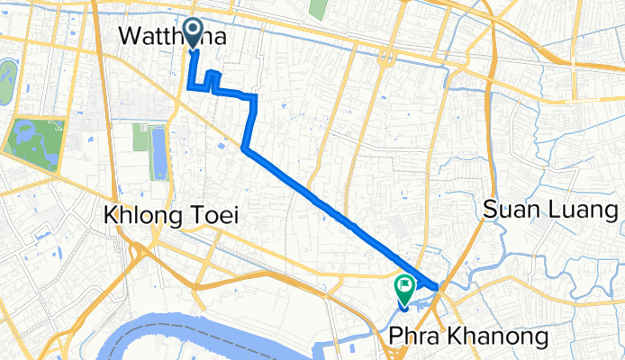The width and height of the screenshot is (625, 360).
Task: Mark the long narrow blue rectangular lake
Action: (x=160, y=153)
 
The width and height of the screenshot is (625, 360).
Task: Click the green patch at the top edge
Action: (x=317, y=8)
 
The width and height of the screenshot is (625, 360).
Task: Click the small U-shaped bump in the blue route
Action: (x=213, y=79)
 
